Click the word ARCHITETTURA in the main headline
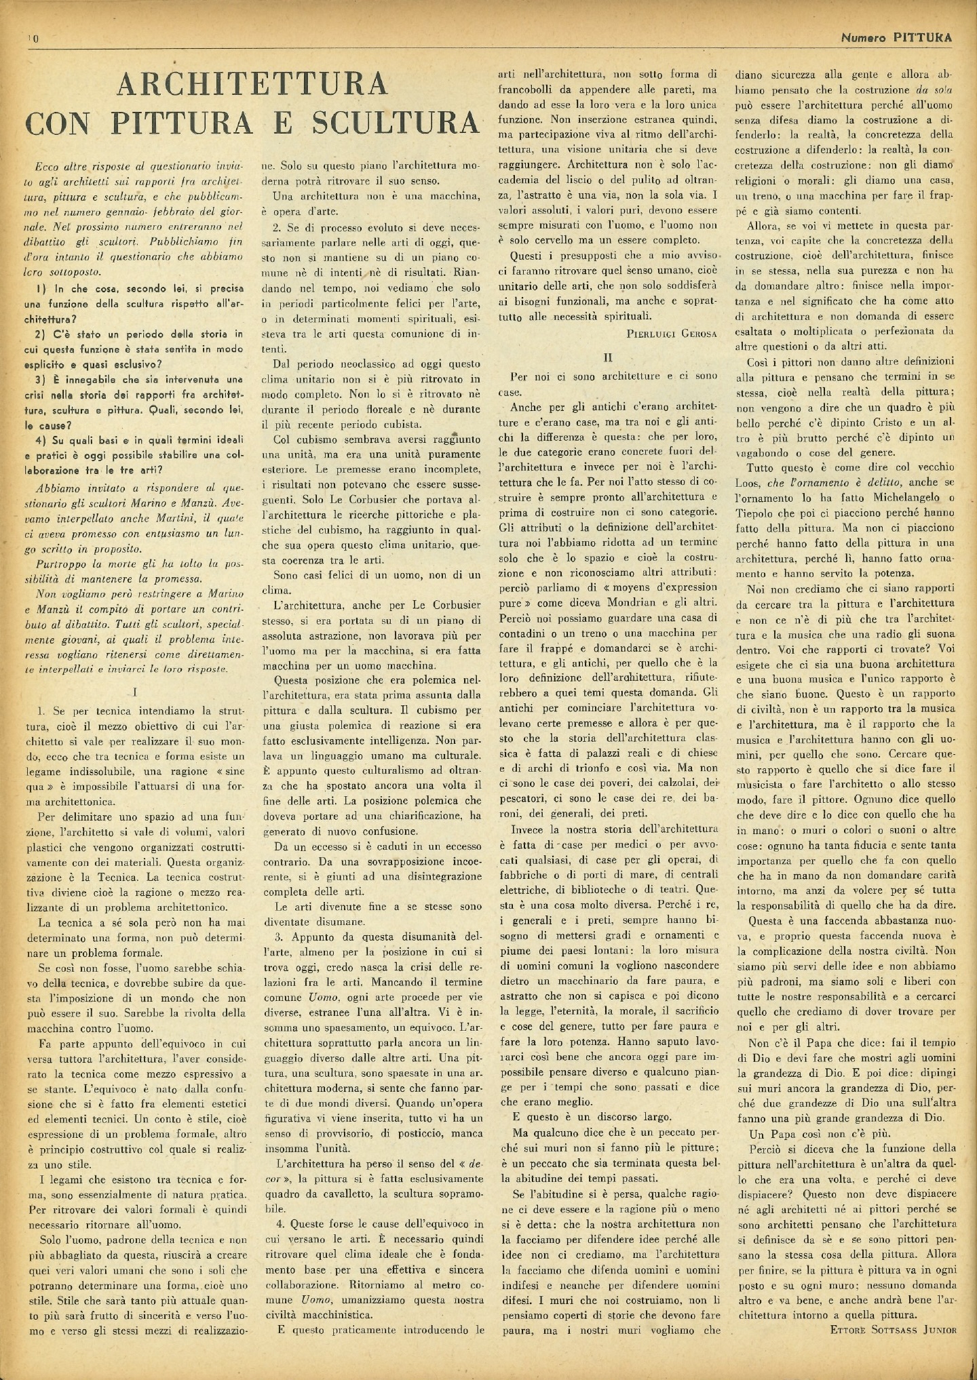[x=252, y=83]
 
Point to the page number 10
[x=33, y=39]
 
